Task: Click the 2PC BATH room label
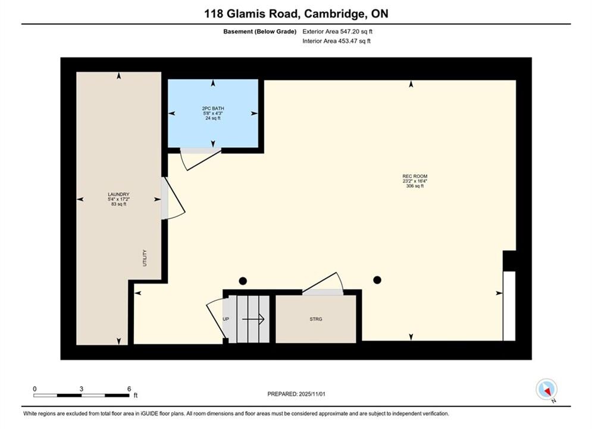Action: tap(213, 108)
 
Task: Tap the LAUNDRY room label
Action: tap(118, 194)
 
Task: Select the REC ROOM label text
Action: tap(415, 176)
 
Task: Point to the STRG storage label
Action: tap(316, 319)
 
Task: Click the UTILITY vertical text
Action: tap(145, 258)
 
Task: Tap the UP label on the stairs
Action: tap(225, 319)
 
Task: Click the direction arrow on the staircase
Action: tap(253, 319)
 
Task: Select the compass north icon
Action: tap(546, 389)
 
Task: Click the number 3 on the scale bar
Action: tap(81, 388)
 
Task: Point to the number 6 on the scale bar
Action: tap(129, 388)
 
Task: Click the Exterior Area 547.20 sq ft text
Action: tap(337, 32)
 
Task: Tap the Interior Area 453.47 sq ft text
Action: tap(336, 41)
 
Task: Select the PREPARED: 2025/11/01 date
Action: tap(296, 394)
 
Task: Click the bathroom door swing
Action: tap(201, 159)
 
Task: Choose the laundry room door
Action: tap(173, 198)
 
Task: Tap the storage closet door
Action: tap(323, 284)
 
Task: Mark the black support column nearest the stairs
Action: tap(243, 281)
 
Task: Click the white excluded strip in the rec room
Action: tap(509, 306)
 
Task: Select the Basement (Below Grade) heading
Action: tap(260, 32)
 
